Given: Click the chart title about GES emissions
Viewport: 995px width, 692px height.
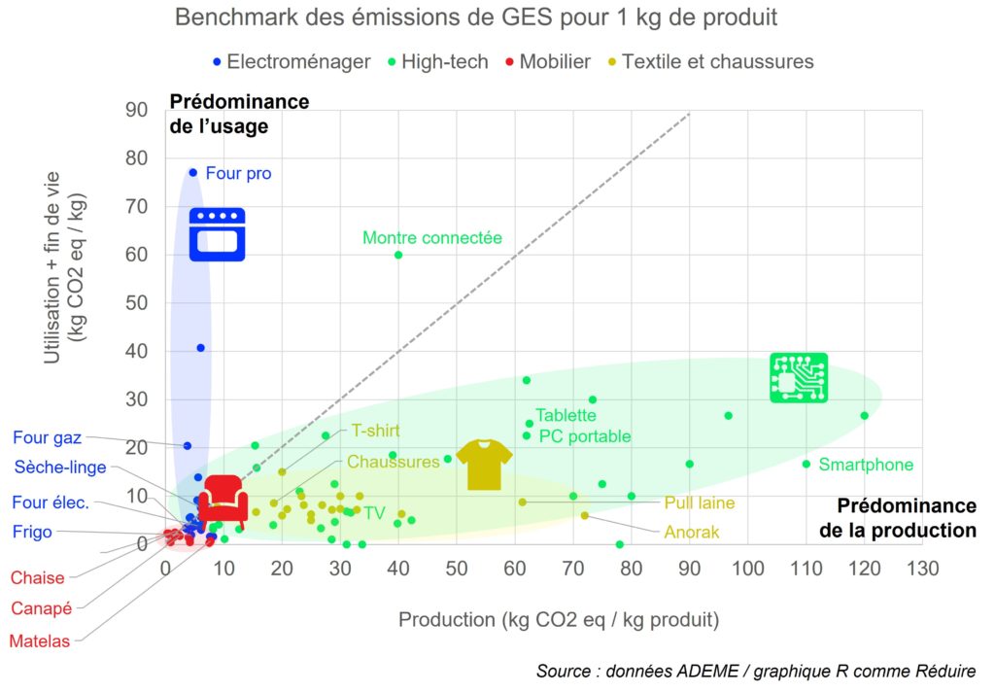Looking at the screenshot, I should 476,18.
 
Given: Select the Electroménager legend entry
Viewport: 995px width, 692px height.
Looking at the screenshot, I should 292,62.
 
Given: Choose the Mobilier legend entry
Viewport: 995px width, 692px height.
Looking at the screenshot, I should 548,62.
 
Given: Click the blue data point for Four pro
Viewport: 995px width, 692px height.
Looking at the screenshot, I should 192,172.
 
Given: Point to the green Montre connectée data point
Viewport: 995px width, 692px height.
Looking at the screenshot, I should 398,255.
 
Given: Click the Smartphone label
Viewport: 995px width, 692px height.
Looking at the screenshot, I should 866,465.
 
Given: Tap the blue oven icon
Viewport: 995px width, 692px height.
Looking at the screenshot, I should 217,234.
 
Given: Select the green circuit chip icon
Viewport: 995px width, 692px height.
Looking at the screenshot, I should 799,377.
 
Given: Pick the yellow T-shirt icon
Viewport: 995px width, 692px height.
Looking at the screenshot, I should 484,464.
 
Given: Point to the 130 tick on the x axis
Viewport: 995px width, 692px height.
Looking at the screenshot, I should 922,569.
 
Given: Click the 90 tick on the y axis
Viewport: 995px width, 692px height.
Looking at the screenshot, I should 136,110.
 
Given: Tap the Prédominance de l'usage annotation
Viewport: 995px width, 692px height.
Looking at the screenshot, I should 239,114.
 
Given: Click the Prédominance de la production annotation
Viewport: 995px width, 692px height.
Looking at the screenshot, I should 897,518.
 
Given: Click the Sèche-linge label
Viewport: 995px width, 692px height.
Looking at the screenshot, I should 60,467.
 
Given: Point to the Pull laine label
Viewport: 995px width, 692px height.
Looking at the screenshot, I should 699,503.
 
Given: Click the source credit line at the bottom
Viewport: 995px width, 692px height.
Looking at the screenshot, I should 756,672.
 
